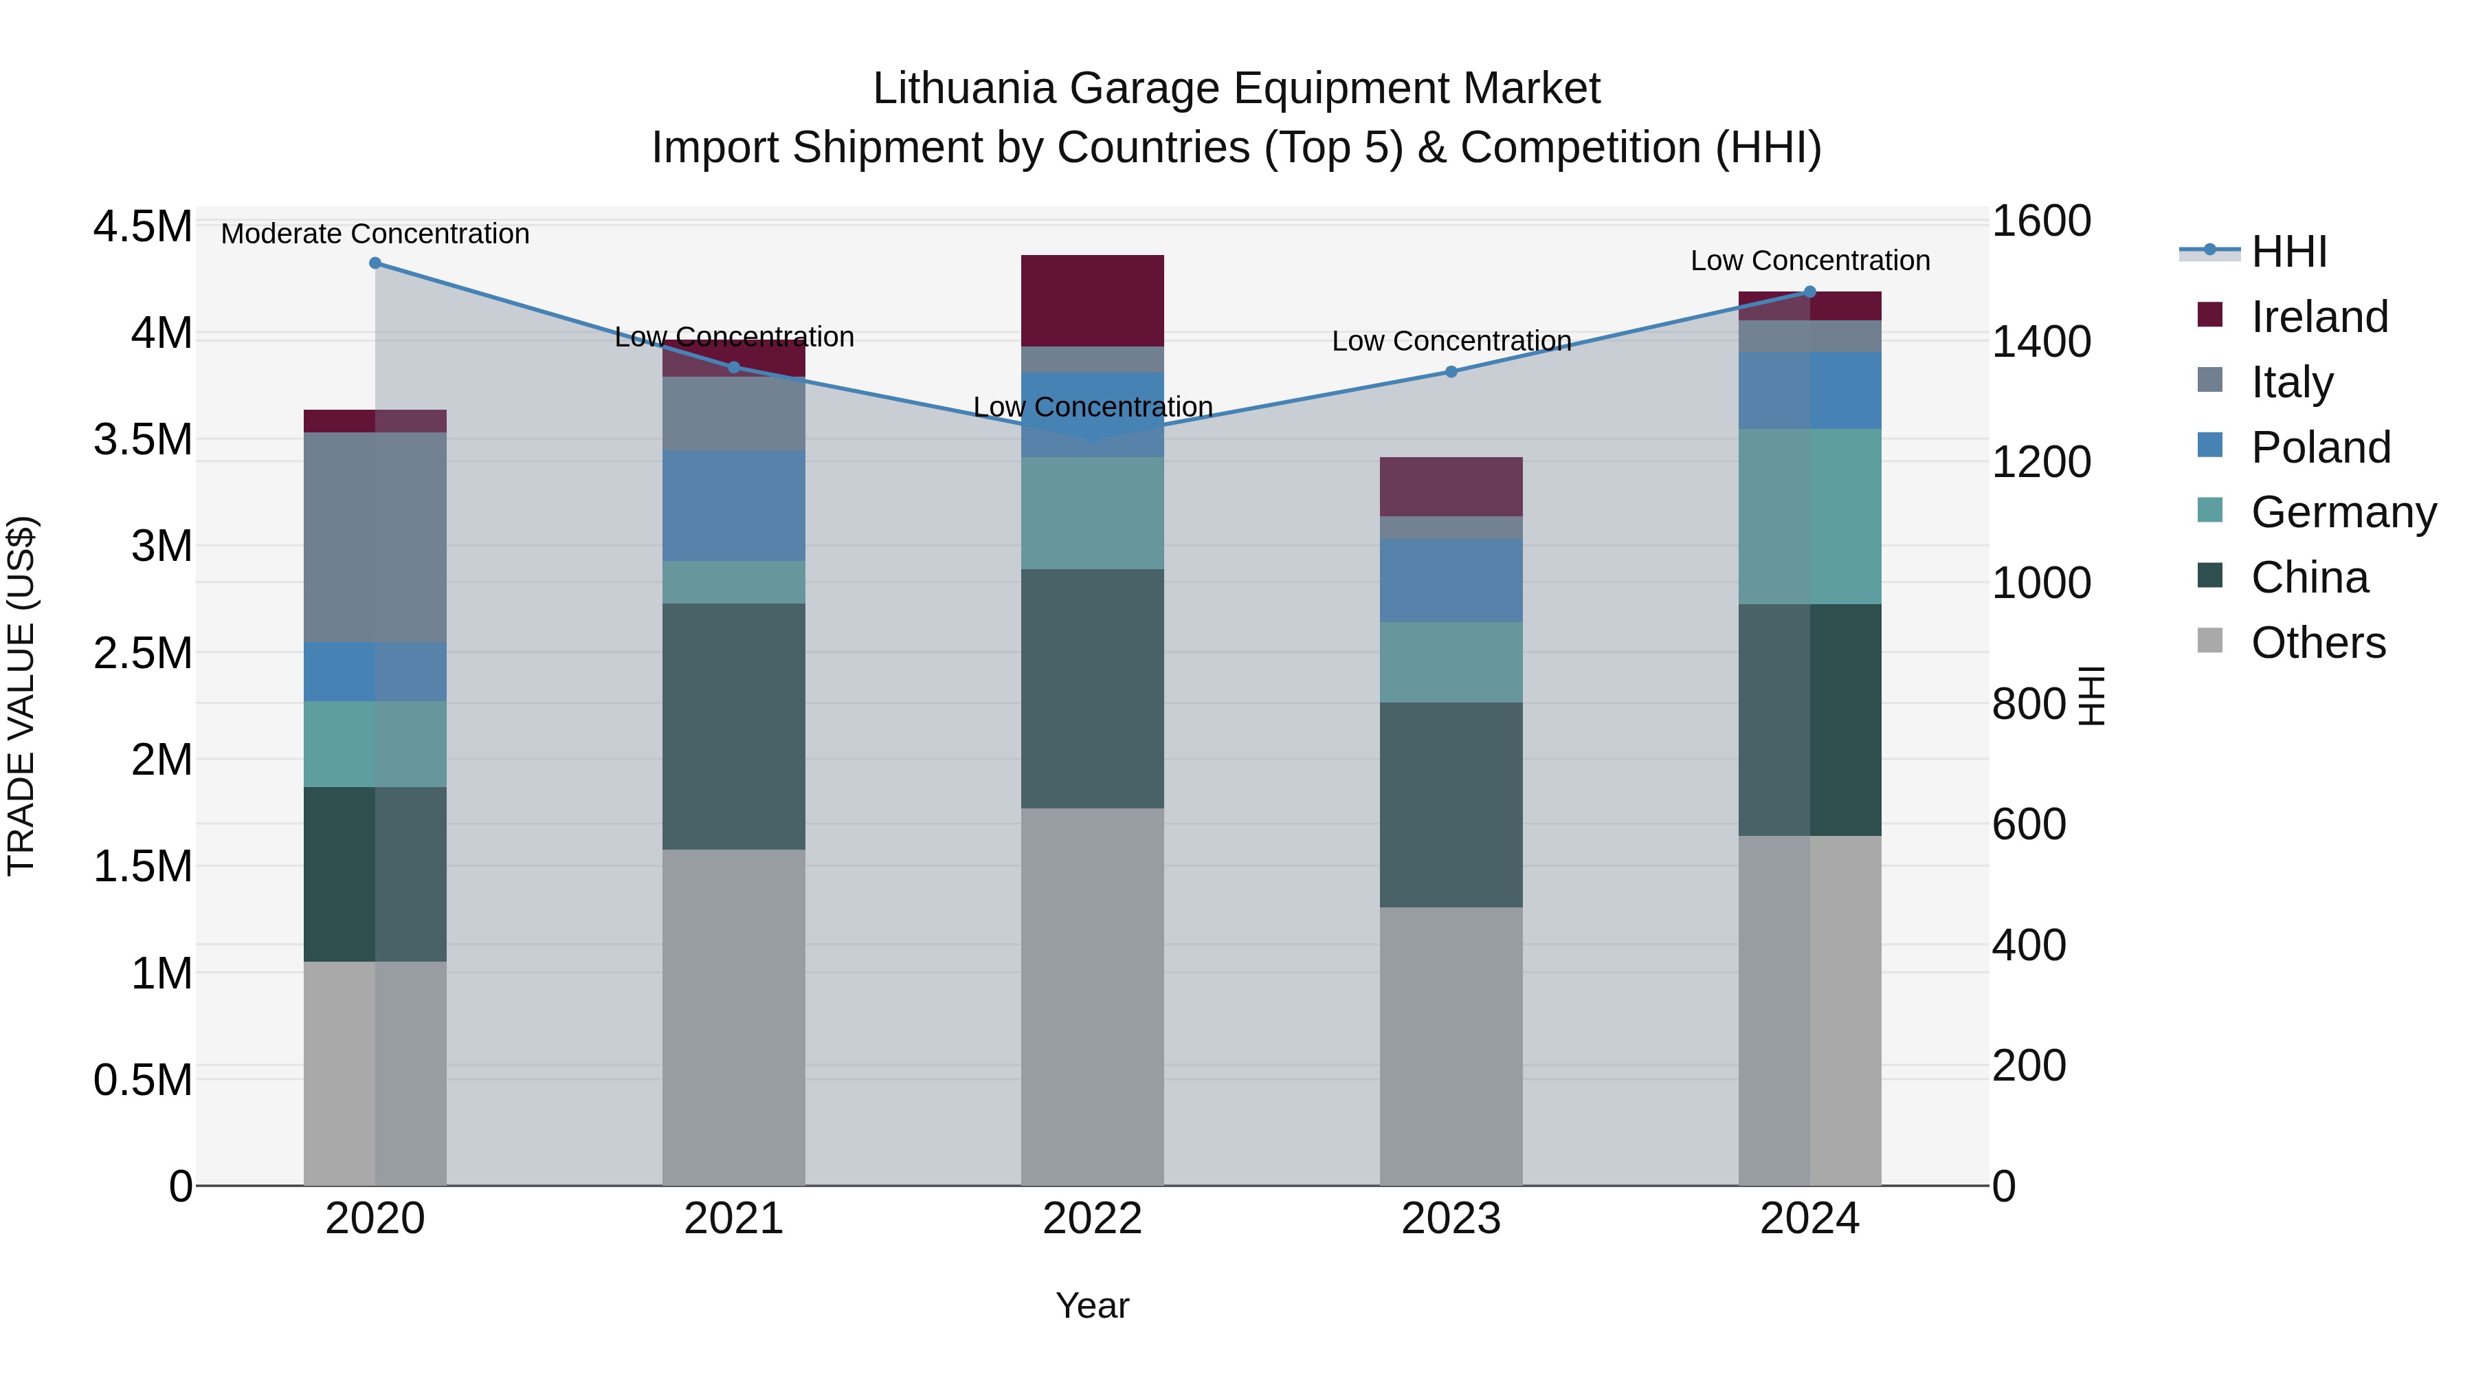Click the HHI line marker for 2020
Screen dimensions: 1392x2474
375,263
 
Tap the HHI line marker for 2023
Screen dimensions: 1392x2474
1451,372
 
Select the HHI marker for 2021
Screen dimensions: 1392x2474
734,367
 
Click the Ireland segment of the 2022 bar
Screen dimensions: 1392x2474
1092,300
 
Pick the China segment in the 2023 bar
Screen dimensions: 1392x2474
1451,805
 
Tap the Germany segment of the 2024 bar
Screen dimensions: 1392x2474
1809,517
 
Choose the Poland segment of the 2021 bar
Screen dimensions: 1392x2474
734,505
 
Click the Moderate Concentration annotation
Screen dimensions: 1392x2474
375,234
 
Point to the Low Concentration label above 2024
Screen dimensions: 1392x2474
1809,261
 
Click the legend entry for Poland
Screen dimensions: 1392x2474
2319,448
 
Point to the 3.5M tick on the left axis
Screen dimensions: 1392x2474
142,440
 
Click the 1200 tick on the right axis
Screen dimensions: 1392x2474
2041,462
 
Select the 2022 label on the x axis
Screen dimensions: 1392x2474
1092,1219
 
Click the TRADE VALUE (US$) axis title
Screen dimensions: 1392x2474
21,696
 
